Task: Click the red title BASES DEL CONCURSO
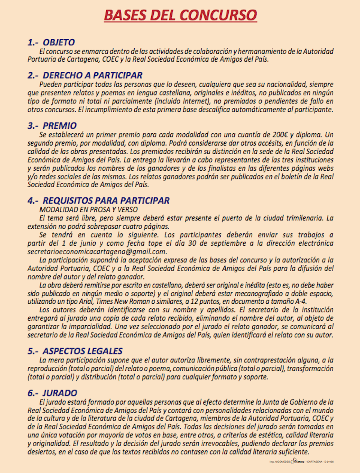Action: [180, 15]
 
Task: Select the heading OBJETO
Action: [59, 42]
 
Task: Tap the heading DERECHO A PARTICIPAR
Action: [93, 75]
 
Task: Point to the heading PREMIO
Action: [60, 126]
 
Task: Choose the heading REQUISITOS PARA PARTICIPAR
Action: [106, 201]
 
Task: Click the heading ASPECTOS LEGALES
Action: [82, 351]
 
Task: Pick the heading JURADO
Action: [60, 393]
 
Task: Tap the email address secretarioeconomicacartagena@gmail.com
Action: [97, 252]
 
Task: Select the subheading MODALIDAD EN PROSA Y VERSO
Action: [89, 210]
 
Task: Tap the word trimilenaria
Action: [305, 218]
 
